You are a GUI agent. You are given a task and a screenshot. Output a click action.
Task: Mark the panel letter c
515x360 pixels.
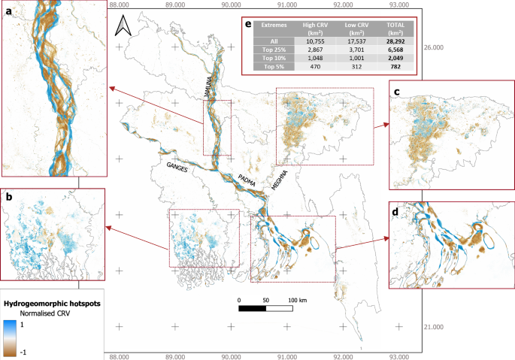click(397, 92)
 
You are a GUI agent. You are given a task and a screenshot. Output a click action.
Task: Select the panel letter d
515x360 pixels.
click(396, 212)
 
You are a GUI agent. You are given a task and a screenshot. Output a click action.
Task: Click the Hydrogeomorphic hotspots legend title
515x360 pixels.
click(50, 303)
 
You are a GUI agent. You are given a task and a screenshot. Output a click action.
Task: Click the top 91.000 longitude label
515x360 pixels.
click(286, 5)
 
